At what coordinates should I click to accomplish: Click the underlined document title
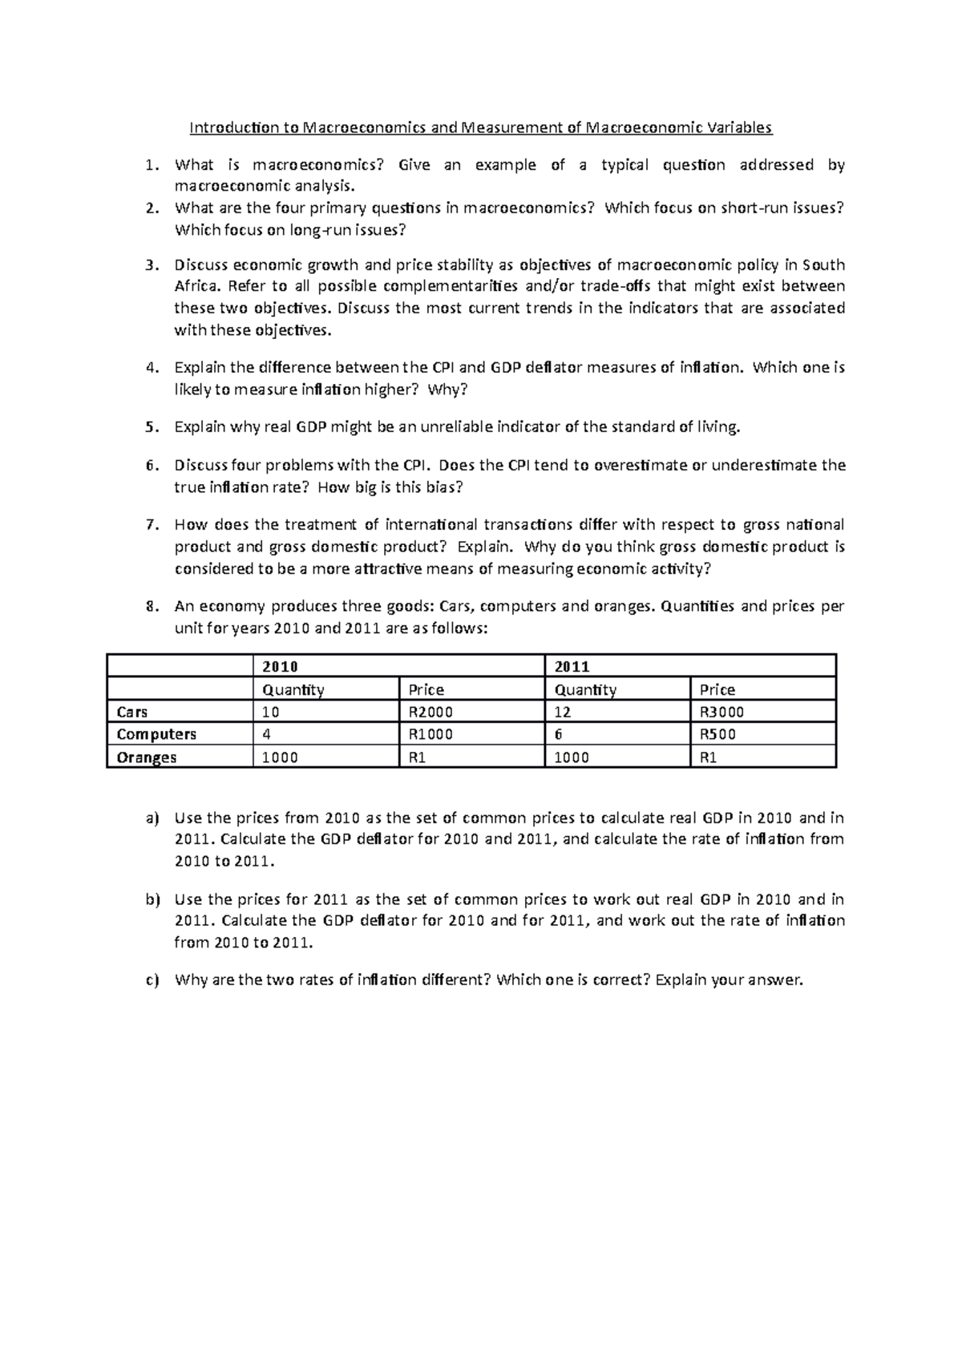coord(480,127)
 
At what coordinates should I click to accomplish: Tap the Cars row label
coord(131,712)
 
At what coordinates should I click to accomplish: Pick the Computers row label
coord(156,734)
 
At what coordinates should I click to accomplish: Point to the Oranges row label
coord(146,757)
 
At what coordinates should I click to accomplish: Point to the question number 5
coord(151,427)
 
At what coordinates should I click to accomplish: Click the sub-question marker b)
coord(152,899)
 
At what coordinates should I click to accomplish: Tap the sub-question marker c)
coord(152,979)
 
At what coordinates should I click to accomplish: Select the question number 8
coord(151,607)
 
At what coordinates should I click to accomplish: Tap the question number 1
coord(151,166)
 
